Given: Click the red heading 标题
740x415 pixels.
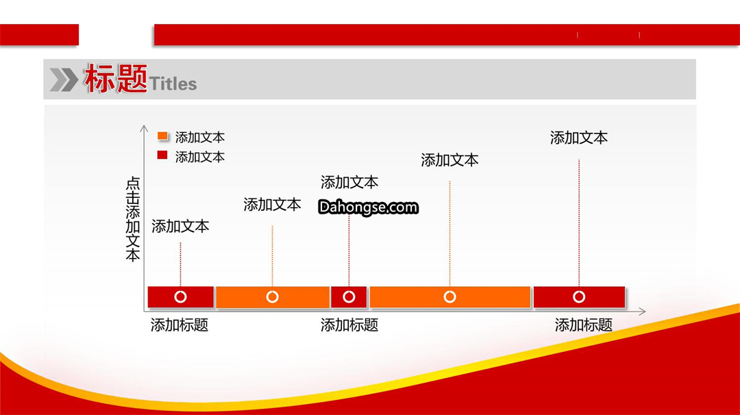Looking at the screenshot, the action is point(116,78).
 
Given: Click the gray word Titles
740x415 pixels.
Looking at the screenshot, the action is point(173,84).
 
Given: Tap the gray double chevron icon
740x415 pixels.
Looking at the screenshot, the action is point(64,79).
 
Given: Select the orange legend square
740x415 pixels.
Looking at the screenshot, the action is point(162,136).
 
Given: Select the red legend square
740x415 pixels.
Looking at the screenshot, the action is point(162,155).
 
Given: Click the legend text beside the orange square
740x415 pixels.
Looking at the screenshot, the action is point(199,137).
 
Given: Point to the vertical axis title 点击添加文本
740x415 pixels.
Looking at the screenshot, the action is point(133,219).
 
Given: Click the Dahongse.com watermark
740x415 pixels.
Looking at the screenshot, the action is point(368,207).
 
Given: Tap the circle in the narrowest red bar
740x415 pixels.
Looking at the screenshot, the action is point(349,297).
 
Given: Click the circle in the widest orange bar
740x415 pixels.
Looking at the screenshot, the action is point(449,297).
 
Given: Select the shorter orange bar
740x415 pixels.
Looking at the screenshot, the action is point(273,297).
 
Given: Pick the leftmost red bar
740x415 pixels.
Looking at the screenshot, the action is point(181,297).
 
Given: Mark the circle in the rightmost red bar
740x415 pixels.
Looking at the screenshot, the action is point(579,297).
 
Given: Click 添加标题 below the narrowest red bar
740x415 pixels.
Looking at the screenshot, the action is point(349,325).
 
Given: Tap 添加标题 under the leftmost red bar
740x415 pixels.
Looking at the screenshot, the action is point(180,325).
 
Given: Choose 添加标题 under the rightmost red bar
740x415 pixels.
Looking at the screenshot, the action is point(583,325).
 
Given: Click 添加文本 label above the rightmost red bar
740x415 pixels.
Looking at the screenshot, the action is point(578,138).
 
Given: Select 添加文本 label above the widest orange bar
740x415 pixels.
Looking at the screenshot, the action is point(449,160).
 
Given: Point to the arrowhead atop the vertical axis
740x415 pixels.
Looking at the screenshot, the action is point(144,128).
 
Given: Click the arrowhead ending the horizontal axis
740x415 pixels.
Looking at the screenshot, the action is point(642,311).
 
